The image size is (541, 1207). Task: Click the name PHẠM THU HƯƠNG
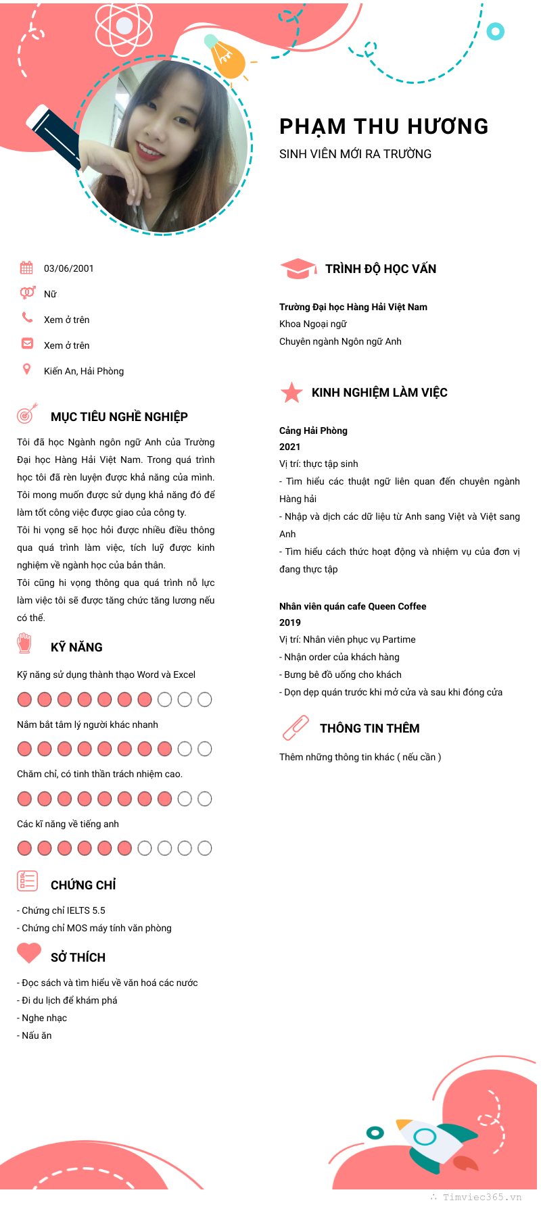pyautogui.click(x=383, y=126)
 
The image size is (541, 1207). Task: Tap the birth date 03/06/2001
pyautogui.click(x=69, y=268)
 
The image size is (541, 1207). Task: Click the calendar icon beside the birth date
pyautogui.click(x=26, y=268)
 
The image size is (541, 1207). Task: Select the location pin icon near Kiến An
pyautogui.click(x=27, y=369)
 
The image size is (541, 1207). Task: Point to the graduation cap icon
pyautogui.click(x=298, y=268)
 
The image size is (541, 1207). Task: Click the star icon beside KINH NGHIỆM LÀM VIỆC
pyautogui.click(x=291, y=393)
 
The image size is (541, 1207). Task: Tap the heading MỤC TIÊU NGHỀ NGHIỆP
pyautogui.click(x=119, y=417)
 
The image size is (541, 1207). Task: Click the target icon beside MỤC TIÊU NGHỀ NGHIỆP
pyautogui.click(x=26, y=414)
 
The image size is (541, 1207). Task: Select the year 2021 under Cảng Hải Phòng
pyautogui.click(x=289, y=447)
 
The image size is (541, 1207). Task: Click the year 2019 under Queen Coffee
pyautogui.click(x=289, y=622)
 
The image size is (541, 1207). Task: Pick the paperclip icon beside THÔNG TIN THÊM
pyautogui.click(x=296, y=728)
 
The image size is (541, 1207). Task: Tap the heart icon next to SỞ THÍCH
pyautogui.click(x=29, y=953)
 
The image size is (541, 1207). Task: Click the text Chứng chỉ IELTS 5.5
pyautogui.click(x=64, y=910)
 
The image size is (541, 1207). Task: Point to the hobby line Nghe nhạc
pyautogui.click(x=44, y=1018)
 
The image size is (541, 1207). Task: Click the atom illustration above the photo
pyautogui.click(x=124, y=26)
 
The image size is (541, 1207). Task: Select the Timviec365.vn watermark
pyautogui.click(x=481, y=1197)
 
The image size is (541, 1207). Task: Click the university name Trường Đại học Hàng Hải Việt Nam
pyautogui.click(x=353, y=307)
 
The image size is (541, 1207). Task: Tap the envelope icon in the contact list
pyautogui.click(x=27, y=343)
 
